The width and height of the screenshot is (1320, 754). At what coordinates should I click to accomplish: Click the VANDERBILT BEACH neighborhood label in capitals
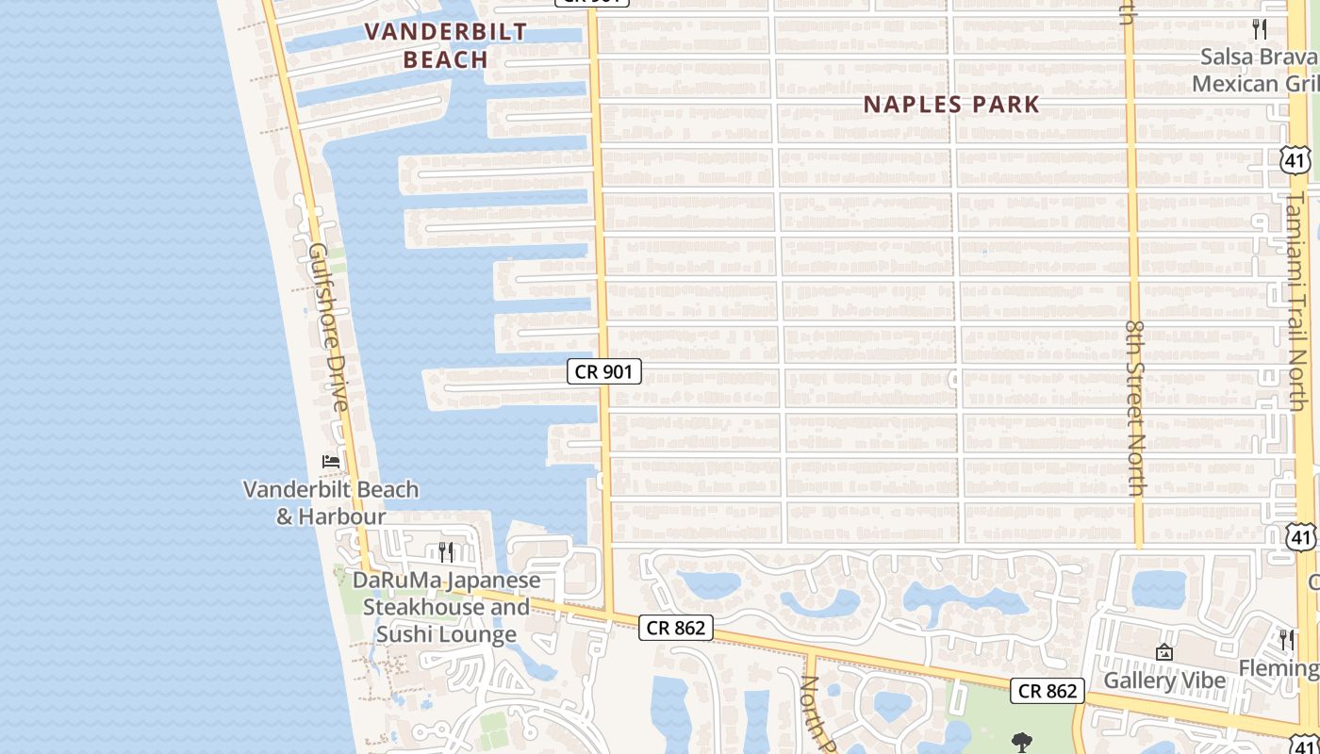(445, 45)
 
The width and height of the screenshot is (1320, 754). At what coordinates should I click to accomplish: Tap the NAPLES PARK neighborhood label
(951, 105)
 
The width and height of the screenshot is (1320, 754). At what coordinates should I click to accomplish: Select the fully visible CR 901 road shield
(604, 371)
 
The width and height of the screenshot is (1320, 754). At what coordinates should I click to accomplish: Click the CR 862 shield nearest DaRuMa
(676, 627)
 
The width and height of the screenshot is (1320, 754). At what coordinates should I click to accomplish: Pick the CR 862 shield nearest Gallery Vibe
(1047, 691)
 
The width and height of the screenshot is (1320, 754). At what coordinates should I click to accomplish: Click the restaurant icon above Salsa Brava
(1260, 28)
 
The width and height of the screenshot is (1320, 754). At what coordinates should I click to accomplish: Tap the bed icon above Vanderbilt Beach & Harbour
(331, 461)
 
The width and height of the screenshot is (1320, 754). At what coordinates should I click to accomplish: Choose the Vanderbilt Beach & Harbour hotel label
(331, 502)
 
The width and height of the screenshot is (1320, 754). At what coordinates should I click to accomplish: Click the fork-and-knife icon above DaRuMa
(447, 551)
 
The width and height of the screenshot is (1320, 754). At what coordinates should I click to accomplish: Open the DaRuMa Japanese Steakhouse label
(447, 607)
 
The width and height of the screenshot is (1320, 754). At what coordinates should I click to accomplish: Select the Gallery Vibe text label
(1164, 680)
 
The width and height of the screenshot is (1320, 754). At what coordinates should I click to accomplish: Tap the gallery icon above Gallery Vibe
(1164, 651)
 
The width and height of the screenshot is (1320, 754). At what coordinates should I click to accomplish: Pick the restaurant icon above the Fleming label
(1286, 639)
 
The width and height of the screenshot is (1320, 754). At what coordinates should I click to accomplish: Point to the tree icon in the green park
(1020, 742)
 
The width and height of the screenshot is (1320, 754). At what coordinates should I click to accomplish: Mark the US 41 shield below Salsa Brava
(1295, 160)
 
